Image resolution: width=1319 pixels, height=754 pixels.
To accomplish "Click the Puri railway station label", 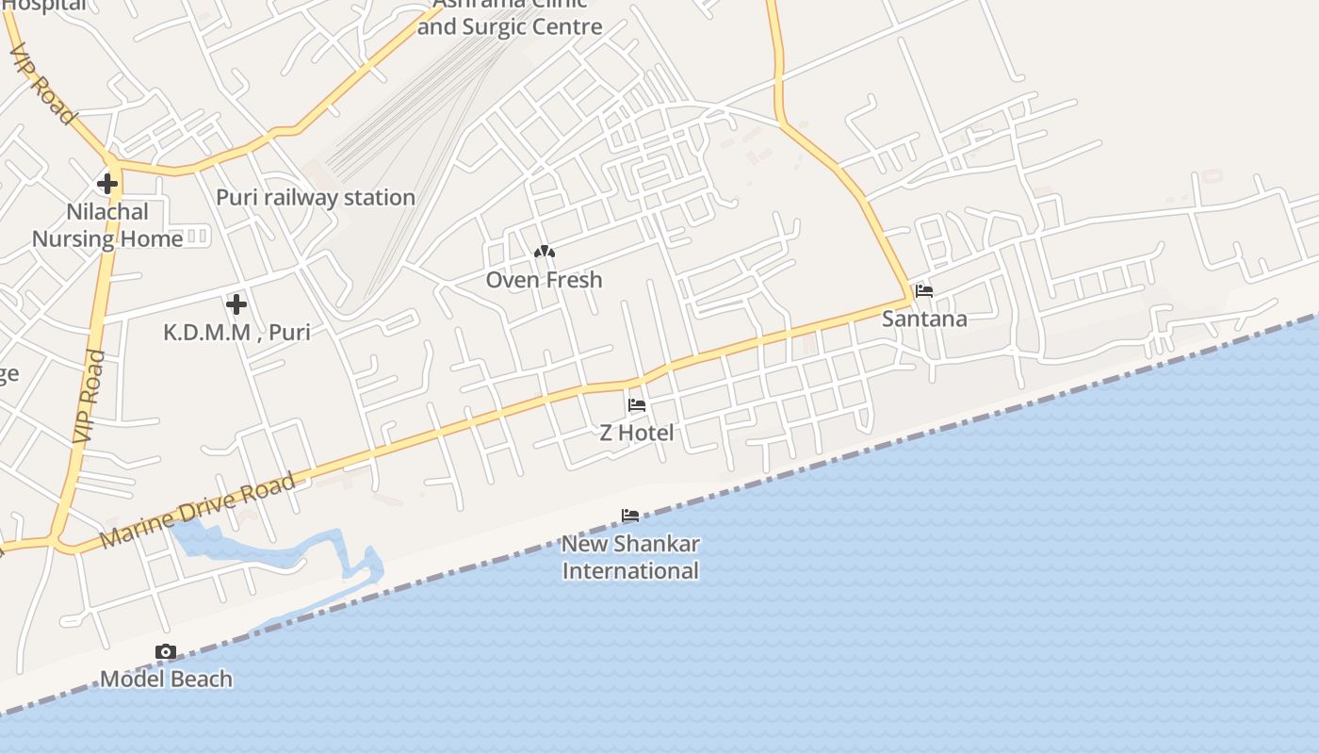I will pos(316,198).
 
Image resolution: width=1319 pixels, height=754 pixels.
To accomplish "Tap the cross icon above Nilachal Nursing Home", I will pos(107,183).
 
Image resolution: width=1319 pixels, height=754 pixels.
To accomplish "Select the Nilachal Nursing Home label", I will pos(107,225).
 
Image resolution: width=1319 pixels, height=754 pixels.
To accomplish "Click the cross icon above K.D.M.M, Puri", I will pos(236,303).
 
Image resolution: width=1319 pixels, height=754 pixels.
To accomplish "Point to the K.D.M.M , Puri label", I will pos(236,332).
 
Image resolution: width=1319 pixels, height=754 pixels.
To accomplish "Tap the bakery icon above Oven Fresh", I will pos(545,252).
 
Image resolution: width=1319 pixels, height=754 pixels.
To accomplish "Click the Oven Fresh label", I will pos(545,280).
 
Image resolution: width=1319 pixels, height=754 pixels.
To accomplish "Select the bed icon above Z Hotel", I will pos(637,405).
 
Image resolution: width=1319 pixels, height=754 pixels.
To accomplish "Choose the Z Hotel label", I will pos(637,433).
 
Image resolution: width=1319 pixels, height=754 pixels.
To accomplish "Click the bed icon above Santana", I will pos(924,291).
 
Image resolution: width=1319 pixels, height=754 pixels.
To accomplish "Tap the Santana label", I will pos(924,319).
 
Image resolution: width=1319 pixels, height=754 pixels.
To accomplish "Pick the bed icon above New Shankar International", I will pos(630,516).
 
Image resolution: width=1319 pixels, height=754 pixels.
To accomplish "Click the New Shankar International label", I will pos(630,557).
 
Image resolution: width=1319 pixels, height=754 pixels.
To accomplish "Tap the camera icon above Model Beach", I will pos(166,651).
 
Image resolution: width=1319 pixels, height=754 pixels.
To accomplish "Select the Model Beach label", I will pos(166,679).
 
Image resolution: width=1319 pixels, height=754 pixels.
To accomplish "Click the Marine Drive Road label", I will pos(197,510).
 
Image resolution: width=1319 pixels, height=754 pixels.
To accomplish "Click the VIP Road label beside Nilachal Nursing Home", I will pos(89,396).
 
